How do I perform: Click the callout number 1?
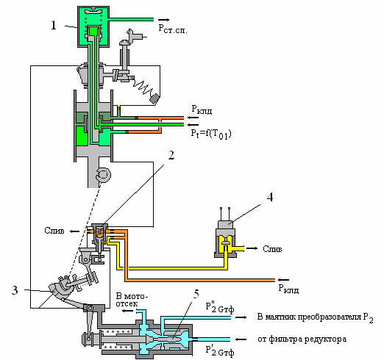[x=54, y=25]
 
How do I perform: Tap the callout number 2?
[x=171, y=155]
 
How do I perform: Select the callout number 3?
[x=15, y=290]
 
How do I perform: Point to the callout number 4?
[x=270, y=197]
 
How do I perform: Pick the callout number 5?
[x=196, y=294]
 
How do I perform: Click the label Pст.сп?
[x=173, y=29]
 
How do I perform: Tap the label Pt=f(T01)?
[x=211, y=134]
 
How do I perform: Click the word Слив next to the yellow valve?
[x=272, y=249]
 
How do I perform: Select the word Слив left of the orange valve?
[x=54, y=231]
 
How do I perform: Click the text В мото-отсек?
[x=132, y=300]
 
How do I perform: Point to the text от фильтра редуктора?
[x=302, y=339]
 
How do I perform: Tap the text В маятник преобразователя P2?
[x=315, y=317]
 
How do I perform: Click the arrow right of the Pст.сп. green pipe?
[x=163, y=20]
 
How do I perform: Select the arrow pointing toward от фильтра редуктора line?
[x=241, y=339]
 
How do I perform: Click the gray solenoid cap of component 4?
[x=225, y=224]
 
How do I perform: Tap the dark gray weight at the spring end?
[x=154, y=98]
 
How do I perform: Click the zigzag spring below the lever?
[x=143, y=87]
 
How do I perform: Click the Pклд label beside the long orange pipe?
[x=288, y=289]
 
